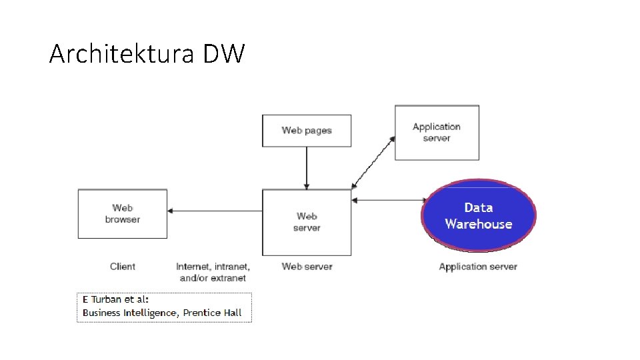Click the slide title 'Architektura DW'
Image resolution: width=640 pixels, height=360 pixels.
point(147,54)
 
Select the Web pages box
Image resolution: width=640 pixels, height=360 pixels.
point(307,131)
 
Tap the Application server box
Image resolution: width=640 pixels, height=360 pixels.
point(437,133)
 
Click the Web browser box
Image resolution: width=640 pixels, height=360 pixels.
point(123,214)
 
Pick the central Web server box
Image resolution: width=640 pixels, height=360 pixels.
point(307,222)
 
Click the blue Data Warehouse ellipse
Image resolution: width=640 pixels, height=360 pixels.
point(479,215)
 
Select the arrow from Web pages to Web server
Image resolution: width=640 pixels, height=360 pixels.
point(307,167)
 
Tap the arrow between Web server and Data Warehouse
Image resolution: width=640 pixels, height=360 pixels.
point(387,199)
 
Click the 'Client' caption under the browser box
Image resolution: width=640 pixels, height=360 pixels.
point(123,267)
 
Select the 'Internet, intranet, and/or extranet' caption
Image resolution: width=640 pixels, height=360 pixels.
point(213,272)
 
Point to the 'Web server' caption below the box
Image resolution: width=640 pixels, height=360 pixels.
point(307,267)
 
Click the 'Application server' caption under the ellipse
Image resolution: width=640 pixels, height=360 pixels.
point(478,267)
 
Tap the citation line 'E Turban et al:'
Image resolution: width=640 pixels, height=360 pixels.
point(116,299)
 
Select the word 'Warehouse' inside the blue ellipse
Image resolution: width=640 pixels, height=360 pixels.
point(479,225)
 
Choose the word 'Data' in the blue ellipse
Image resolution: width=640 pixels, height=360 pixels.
point(479,208)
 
